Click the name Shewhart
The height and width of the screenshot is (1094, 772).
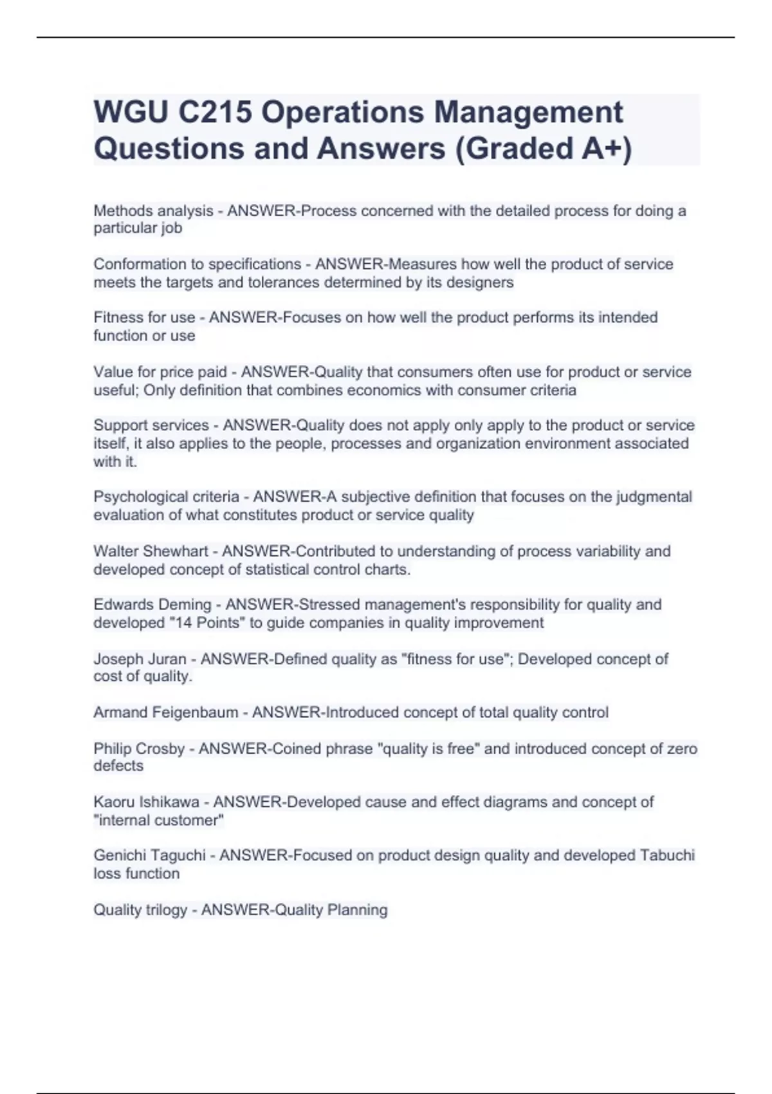click(x=176, y=552)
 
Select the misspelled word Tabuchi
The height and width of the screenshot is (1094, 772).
click(x=667, y=855)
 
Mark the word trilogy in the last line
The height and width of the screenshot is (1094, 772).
click(x=167, y=910)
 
